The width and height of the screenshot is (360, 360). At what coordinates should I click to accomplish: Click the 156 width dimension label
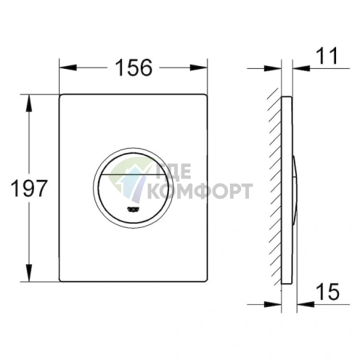(x=134, y=67)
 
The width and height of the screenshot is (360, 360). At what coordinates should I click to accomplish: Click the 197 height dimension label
(x=29, y=188)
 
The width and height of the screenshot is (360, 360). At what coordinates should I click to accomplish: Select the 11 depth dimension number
(x=327, y=56)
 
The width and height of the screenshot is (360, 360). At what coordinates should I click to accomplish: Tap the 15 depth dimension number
(x=327, y=291)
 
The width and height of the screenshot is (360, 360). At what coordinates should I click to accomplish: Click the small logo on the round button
(x=134, y=209)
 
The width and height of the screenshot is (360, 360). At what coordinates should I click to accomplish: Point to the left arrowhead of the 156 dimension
(x=68, y=67)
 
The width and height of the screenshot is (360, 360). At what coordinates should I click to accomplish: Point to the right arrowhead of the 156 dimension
(x=198, y=67)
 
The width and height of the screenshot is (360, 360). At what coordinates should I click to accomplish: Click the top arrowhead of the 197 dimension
(x=29, y=103)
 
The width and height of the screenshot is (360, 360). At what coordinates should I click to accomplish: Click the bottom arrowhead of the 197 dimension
(x=29, y=273)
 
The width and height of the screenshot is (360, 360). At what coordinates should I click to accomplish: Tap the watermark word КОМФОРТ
(x=200, y=191)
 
